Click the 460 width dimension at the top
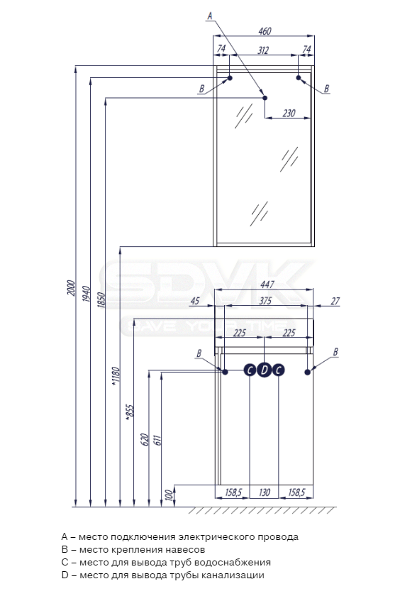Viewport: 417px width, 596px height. pos(265,31)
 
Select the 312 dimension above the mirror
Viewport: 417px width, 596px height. pos(263,50)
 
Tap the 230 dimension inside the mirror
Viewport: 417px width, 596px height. pos(289,113)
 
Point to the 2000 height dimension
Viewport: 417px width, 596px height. pos(71,288)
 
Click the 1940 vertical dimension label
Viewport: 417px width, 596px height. pos(86,294)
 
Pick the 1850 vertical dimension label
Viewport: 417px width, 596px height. pos(101,300)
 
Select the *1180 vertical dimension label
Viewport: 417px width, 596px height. pos(116,377)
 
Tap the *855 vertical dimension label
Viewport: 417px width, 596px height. pos(130,413)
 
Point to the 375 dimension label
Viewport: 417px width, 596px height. pos(265,301)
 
